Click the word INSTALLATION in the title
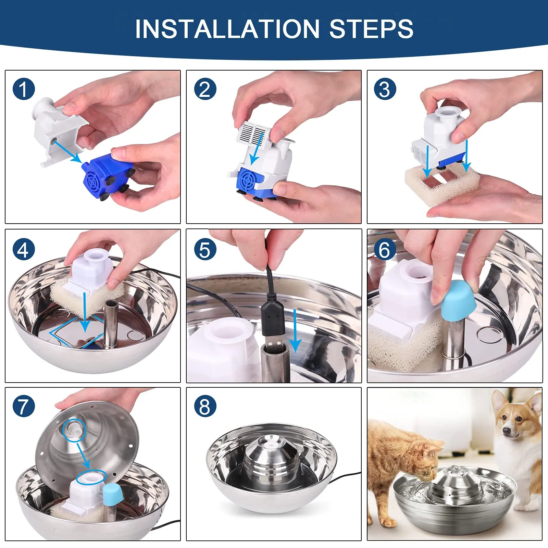pos(227,29)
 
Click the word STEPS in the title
pos(371,29)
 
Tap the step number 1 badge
pos(24,89)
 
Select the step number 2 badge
pos(205,89)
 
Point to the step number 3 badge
pos(385,89)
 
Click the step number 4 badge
pos(24,249)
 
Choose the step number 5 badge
pos(205,249)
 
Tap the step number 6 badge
pos(385,249)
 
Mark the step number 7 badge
pos(24,406)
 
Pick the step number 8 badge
pos(205,406)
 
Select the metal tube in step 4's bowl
pos(110,324)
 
